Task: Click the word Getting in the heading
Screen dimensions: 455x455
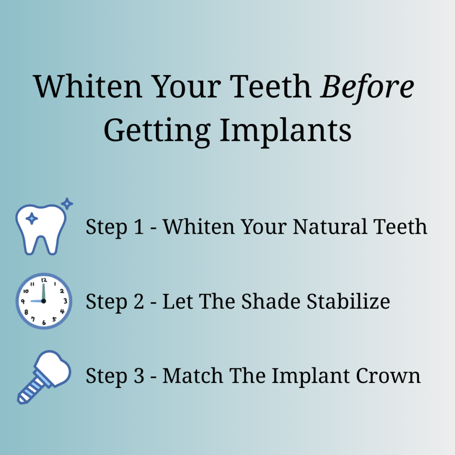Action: pos(156,130)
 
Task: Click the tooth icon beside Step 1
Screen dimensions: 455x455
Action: pos(40,229)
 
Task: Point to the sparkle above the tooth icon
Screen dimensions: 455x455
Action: pos(67,204)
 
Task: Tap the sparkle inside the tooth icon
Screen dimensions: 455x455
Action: pos(32,219)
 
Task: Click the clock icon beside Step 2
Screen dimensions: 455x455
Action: pos(44,301)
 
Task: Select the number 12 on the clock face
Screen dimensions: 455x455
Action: pos(44,280)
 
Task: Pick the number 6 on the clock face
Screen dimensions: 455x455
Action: pos(44,322)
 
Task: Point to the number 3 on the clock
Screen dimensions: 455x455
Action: pos(65,301)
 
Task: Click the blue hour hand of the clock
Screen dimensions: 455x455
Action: pos(37,301)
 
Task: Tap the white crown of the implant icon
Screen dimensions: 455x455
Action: pos(55,369)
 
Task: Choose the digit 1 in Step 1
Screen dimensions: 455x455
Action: pos(139,227)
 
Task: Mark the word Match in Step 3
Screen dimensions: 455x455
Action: pos(192,376)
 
